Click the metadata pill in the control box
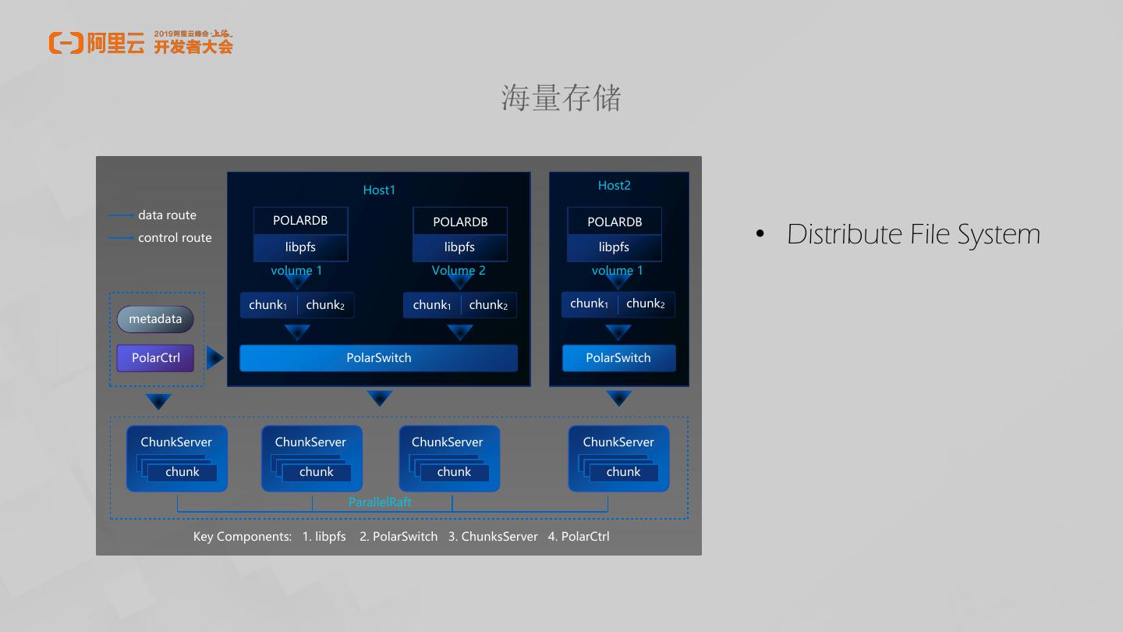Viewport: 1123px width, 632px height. (155, 319)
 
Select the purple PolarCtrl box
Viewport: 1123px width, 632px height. (155, 358)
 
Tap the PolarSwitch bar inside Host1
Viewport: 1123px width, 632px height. (378, 358)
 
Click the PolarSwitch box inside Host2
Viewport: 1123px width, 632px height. (618, 358)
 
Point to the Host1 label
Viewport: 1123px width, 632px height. (379, 190)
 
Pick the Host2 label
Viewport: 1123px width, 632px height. (614, 186)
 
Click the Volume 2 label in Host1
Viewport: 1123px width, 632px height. (459, 271)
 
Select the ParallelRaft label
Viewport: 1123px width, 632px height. (380, 502)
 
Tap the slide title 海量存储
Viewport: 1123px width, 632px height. (561, 98)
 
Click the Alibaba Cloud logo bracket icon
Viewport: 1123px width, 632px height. (66, 43)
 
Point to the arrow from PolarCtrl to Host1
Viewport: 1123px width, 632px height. (214, 358)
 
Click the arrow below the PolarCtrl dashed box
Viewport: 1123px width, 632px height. (158, 402)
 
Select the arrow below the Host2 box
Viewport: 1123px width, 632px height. (618, 399)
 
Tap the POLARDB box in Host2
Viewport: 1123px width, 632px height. (615, 222)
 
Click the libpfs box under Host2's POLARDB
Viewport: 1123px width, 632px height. (614, 247)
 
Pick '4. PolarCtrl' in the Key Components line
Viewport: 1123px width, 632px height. (579, 537)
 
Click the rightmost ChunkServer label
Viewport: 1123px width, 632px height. (618, 442)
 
